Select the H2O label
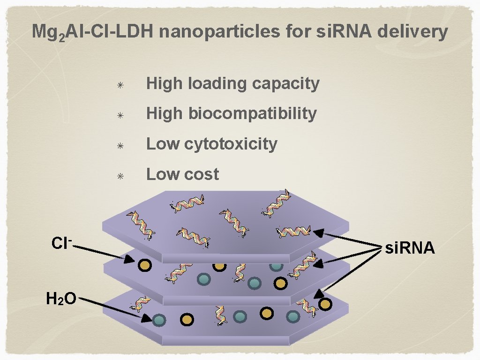coord(61,298)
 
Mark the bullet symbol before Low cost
coord(120,176)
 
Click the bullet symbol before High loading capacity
coord(120,86)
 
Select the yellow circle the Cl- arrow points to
coord(145,266)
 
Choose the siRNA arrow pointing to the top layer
coord(347,238)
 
